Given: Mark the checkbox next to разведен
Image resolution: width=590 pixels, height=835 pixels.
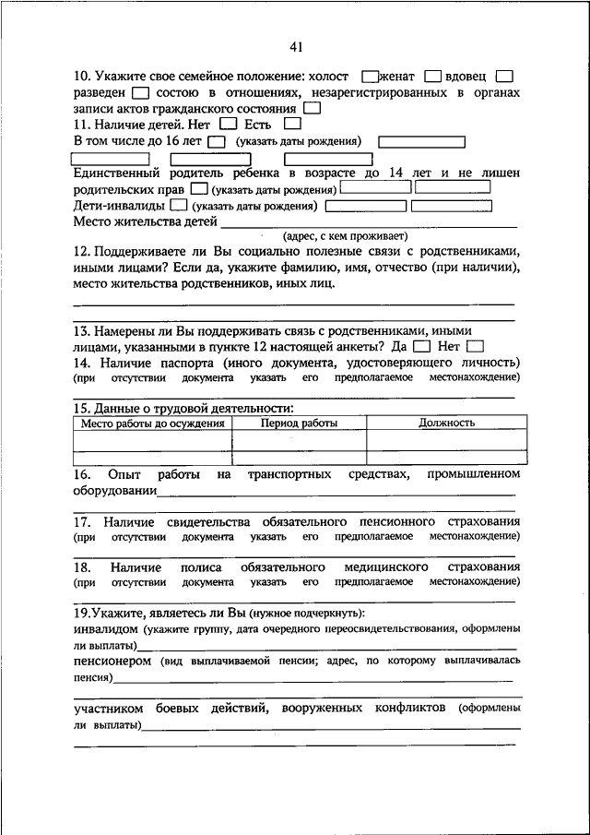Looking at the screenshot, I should click(x=140, y=93).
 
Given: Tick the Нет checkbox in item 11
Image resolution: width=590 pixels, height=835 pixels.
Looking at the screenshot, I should click(x=230, y=124).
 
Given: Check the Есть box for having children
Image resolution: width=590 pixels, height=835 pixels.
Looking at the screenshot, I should click(x=293, y=124).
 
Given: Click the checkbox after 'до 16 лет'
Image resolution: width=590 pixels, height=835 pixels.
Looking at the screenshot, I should click(x=217, y=142).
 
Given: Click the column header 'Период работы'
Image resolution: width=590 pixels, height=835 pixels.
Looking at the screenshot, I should click(x=299, y=423).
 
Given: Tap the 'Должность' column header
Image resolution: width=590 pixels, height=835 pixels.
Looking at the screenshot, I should click(x=446, y=423).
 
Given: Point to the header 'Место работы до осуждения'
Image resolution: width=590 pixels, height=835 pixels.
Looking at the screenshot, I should click(x=153, y=423).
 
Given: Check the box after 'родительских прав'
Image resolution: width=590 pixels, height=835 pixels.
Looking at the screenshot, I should click(x=199, y=189).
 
